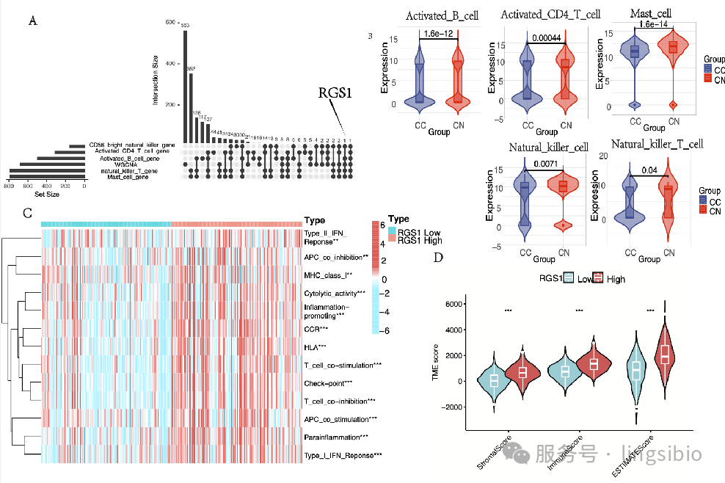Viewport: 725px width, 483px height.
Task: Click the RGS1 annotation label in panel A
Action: (335, 93)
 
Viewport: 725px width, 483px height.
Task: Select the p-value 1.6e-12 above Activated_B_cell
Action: (437, 33)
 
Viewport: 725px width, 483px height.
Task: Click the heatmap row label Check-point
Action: (327, 382)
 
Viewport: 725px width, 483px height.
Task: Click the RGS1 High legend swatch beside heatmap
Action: (393, 240)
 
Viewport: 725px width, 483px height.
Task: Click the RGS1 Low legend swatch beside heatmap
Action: (393, 230)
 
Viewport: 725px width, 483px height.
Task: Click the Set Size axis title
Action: (45, 194)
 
